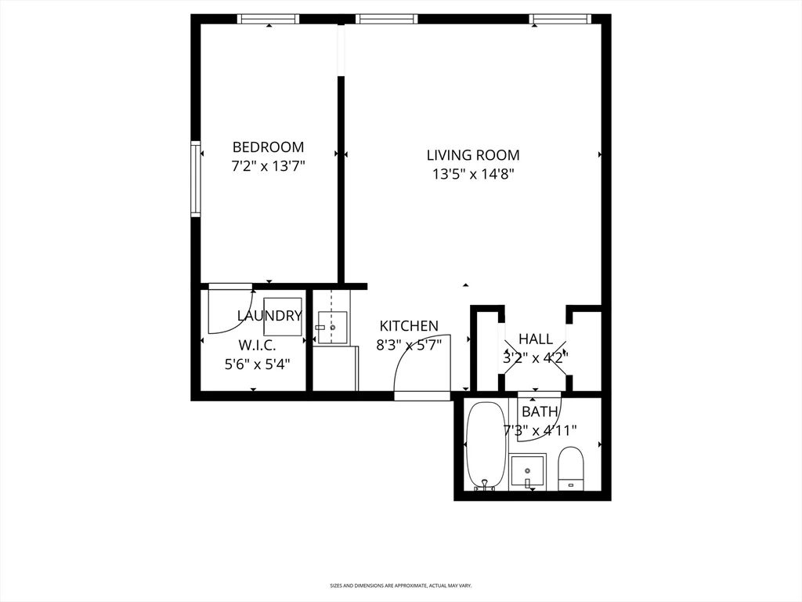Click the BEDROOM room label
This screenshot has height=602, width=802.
[x=268, y=147]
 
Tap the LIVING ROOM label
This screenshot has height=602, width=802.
[x=472, y=155]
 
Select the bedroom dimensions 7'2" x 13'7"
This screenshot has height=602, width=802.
[x=268, y=166]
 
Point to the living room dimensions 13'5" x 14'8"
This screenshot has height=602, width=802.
[x=472, y=175]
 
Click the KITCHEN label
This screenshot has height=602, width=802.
[x=409, y=326]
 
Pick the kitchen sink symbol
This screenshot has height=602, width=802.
[x=331, y=326]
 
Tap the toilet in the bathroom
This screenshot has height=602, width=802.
[x=571, y=468]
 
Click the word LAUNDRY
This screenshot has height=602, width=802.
[x=269, y=316]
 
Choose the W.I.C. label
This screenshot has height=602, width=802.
[x=257, y=345]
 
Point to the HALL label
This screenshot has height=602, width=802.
[x=536, y=339]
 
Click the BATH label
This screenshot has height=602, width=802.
[x=540, y=412]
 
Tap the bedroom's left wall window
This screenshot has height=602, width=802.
[x=195, y=179]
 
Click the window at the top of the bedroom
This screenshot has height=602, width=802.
[x=269, y=19]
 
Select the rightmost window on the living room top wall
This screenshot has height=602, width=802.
[x=559, y=19]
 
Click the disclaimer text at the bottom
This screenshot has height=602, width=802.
[x=400, y=586]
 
